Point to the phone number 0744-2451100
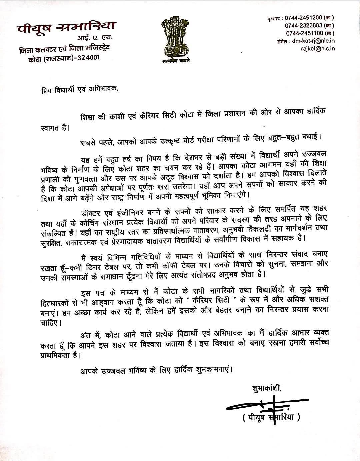click(x=304, y=33)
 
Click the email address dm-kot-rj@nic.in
click(x=313, y=41)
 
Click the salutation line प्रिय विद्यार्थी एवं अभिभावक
click(x=77, y=90)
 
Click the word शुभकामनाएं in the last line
click(x=212, y=370)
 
